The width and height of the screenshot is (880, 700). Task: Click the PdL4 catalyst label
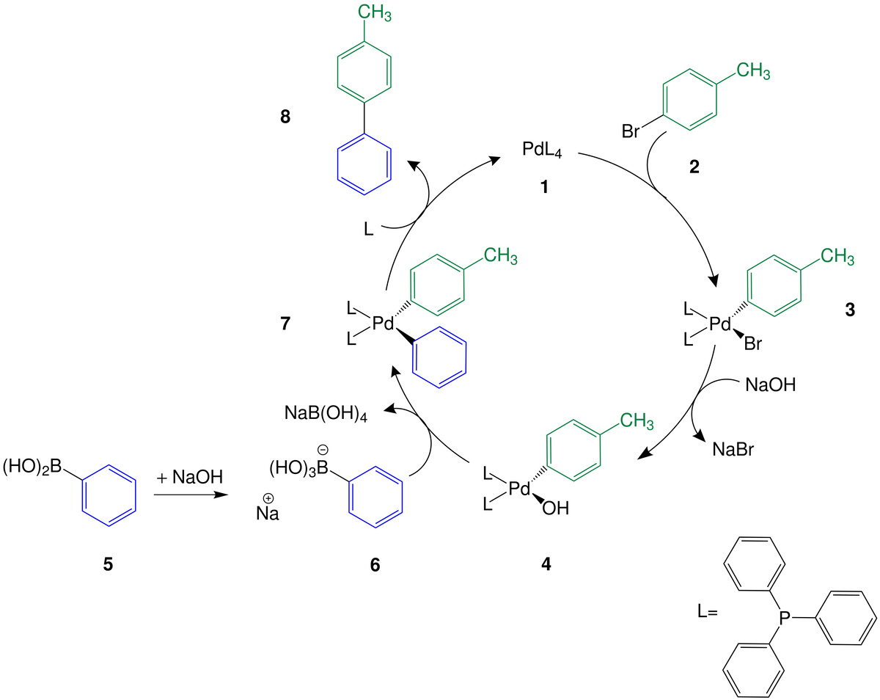[x=542, y=150]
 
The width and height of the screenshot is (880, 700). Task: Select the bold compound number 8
[x=285, y=117]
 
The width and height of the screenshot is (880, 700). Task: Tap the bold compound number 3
[x=850, y=310]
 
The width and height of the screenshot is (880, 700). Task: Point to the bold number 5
[x=108, y=564]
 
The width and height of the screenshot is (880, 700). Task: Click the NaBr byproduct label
[x=733, y=450]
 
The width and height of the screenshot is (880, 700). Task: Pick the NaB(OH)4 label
[x=326, y=413]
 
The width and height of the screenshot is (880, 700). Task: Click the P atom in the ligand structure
[x=785, y=618]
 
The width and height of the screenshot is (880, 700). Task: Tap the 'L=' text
[x=708, y=612]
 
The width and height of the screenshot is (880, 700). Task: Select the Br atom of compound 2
[x=630, y=131]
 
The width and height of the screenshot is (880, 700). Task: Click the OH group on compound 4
[x=555, y=508]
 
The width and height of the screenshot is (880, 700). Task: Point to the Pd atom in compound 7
[x=383, y=324]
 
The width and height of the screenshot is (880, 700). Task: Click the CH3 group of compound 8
[x=375, y=12]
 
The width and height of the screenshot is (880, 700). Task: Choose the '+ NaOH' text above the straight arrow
[x=189, y=477]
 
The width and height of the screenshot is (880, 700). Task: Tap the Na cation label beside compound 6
[x=268, y=509]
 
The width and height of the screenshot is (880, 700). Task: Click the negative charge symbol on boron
[x=323, y=450]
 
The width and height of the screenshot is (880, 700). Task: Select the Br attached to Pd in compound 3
[x=753, y=343]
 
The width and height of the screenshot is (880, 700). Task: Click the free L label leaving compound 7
[x=368, y=230]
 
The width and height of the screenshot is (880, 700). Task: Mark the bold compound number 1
[x=544, y=187]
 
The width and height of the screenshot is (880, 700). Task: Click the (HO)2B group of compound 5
[x=32, y=467]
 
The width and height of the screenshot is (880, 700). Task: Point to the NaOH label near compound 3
[x=771, y=385]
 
